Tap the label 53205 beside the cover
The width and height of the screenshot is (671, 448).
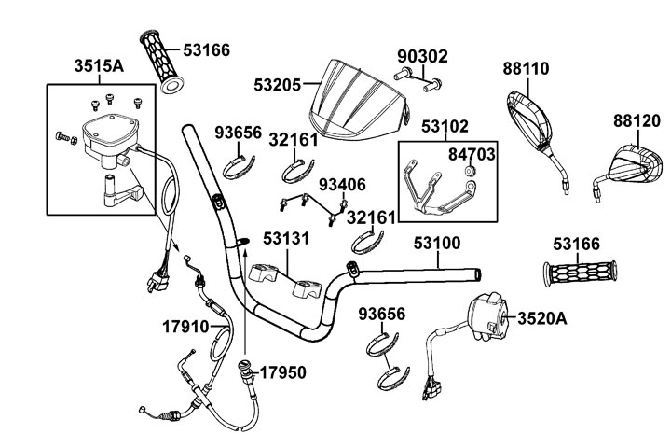(x=277, y=83)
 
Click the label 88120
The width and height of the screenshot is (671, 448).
(x=637, y=121)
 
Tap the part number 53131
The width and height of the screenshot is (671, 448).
(x=285, y=239)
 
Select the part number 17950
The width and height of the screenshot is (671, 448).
(x=281, y=371)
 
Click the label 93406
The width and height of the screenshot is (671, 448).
(x=343, y=185)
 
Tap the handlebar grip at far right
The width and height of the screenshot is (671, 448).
(x=581, y=273)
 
